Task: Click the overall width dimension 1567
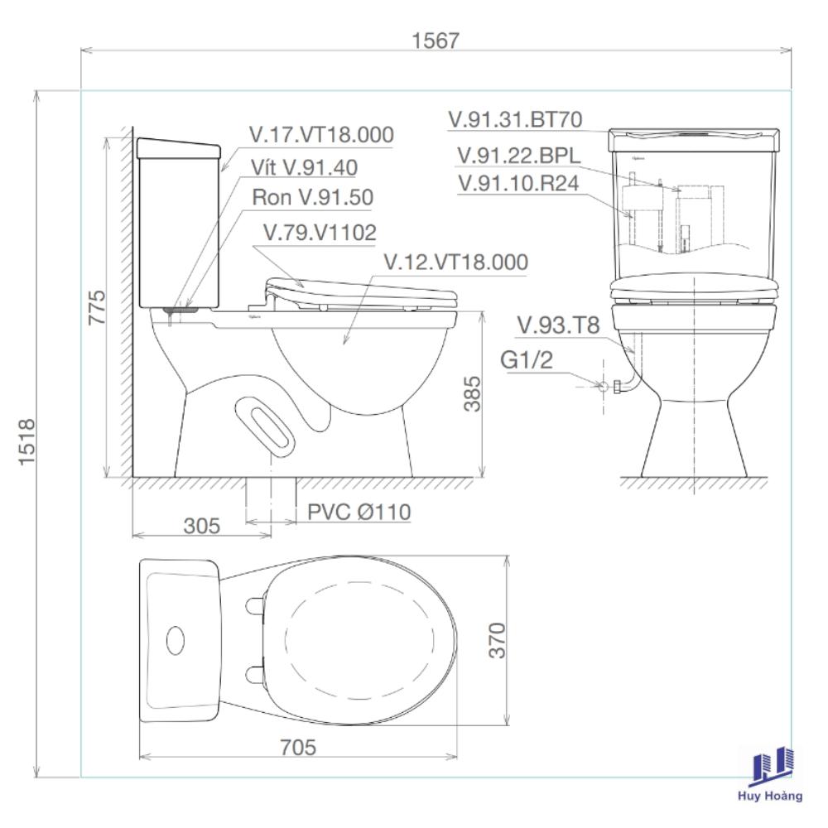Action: pyautogui.click(x=436, y=41)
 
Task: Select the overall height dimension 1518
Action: pyautogui.click(x=27, y=441)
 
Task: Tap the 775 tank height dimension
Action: pyautogui.click(x=97, y=307)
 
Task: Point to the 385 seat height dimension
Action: pyautogui.click(x=472, y=393)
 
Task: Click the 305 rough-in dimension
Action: pyautogui.click(x=202, y=526)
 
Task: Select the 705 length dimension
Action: pyautogui.click(x=298, y=747)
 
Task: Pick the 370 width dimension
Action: pyautogui.click(x=497, y=640)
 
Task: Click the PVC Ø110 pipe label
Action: pyautogui.click(x=359, y=512)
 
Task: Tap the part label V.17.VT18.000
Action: pyautogui.click(x=321, y=135)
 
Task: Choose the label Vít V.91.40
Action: pyautogui.click(x=304, y=167)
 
